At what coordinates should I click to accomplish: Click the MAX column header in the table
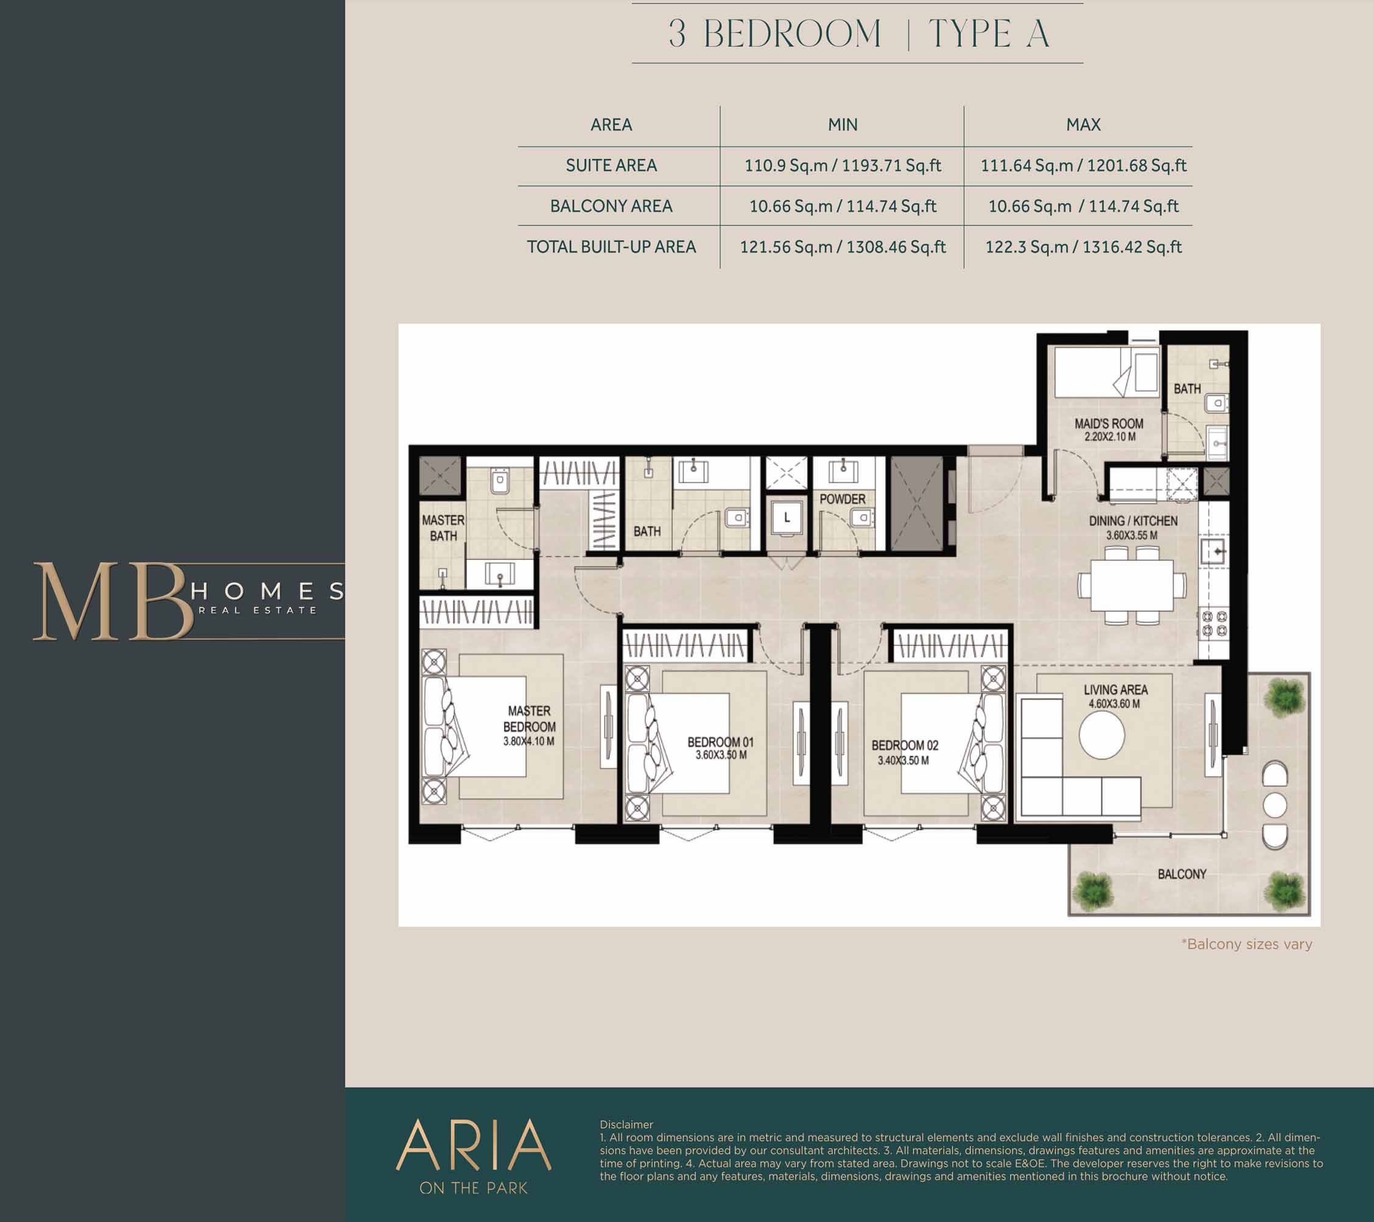(x=1083, y=125)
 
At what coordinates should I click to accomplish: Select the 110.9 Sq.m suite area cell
(x=843, y=166)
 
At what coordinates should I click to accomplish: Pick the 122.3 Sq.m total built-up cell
(x=1083, y=247)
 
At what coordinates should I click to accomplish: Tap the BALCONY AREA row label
(x=611, y=206)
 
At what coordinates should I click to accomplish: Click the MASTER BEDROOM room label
(x=530, y=718)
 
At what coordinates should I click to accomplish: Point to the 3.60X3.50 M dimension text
(x=721, y=755)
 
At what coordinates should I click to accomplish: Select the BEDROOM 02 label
(x=905, y=745)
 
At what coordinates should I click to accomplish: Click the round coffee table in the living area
(x=1102, y=735)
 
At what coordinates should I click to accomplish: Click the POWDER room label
(x=843, y=499)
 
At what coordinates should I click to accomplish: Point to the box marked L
(x=787, y=518)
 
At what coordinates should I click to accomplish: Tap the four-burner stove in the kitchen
(x=1214, y=622)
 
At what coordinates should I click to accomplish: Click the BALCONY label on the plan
(x=1182, y=874)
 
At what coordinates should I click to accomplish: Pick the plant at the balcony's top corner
(x=1285, y=697)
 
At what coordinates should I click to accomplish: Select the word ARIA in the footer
(x=473, y=1144)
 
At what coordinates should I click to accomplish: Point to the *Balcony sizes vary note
(x=1246, y=944)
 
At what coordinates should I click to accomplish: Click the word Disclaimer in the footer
(x=626, y=1125)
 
